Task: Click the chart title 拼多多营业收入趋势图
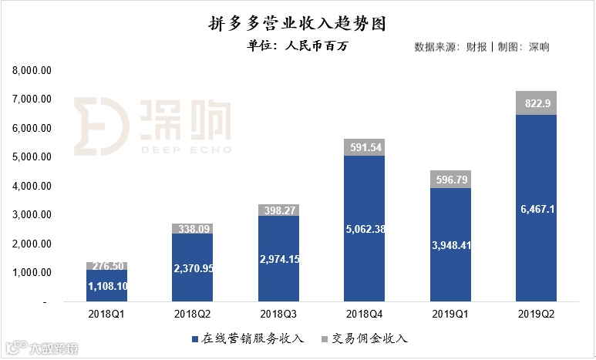point(297,24)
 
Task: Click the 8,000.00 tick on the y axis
point(32,70)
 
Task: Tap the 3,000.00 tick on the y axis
point(32,215)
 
